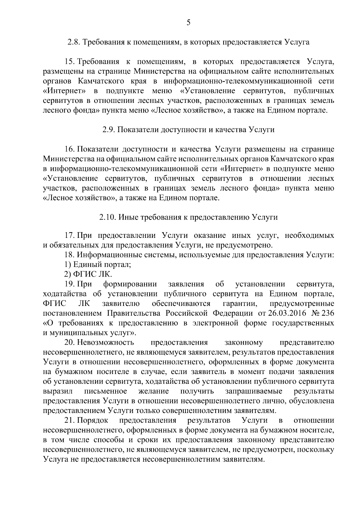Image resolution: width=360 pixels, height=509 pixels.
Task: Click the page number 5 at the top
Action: (x=188, y=22)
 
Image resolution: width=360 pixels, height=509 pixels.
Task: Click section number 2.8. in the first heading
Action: (x=73, y=42)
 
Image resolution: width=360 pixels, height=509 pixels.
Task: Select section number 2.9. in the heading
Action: (x=108, y=130)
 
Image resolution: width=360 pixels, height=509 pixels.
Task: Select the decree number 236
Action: (x=328, y=313)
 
